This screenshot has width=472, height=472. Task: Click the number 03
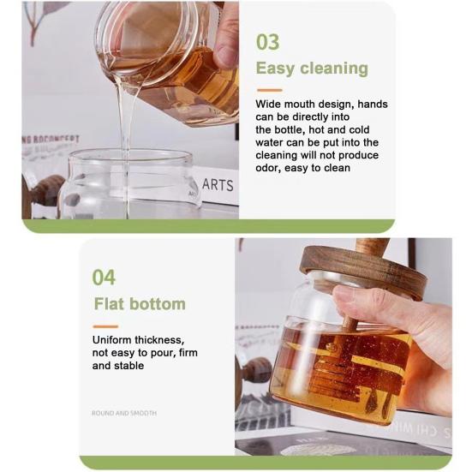(268, 42)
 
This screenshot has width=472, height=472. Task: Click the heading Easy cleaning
(312, 69)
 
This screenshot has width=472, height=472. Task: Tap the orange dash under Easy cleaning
(269, 90)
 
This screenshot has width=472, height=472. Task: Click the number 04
(104, 277)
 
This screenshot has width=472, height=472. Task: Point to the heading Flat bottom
(139, 304)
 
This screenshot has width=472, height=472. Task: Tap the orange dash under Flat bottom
(105, 326)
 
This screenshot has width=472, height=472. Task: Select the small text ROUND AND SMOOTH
(123, 413)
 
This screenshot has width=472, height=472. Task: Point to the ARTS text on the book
(218, 185)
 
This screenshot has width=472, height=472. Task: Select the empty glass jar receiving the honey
(128, 184)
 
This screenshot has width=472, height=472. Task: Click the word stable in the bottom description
(128, 366)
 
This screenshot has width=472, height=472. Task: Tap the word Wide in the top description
(270, 105)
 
